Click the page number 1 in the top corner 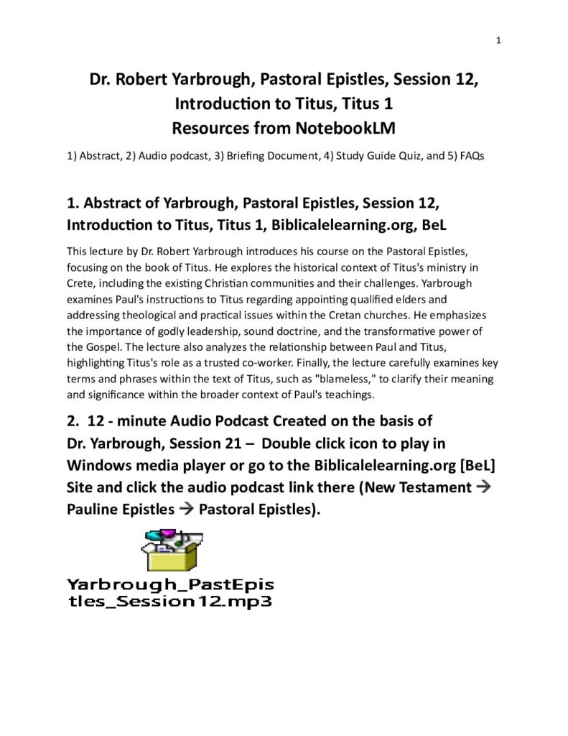click(498, 40)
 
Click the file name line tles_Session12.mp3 click(169, 600)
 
